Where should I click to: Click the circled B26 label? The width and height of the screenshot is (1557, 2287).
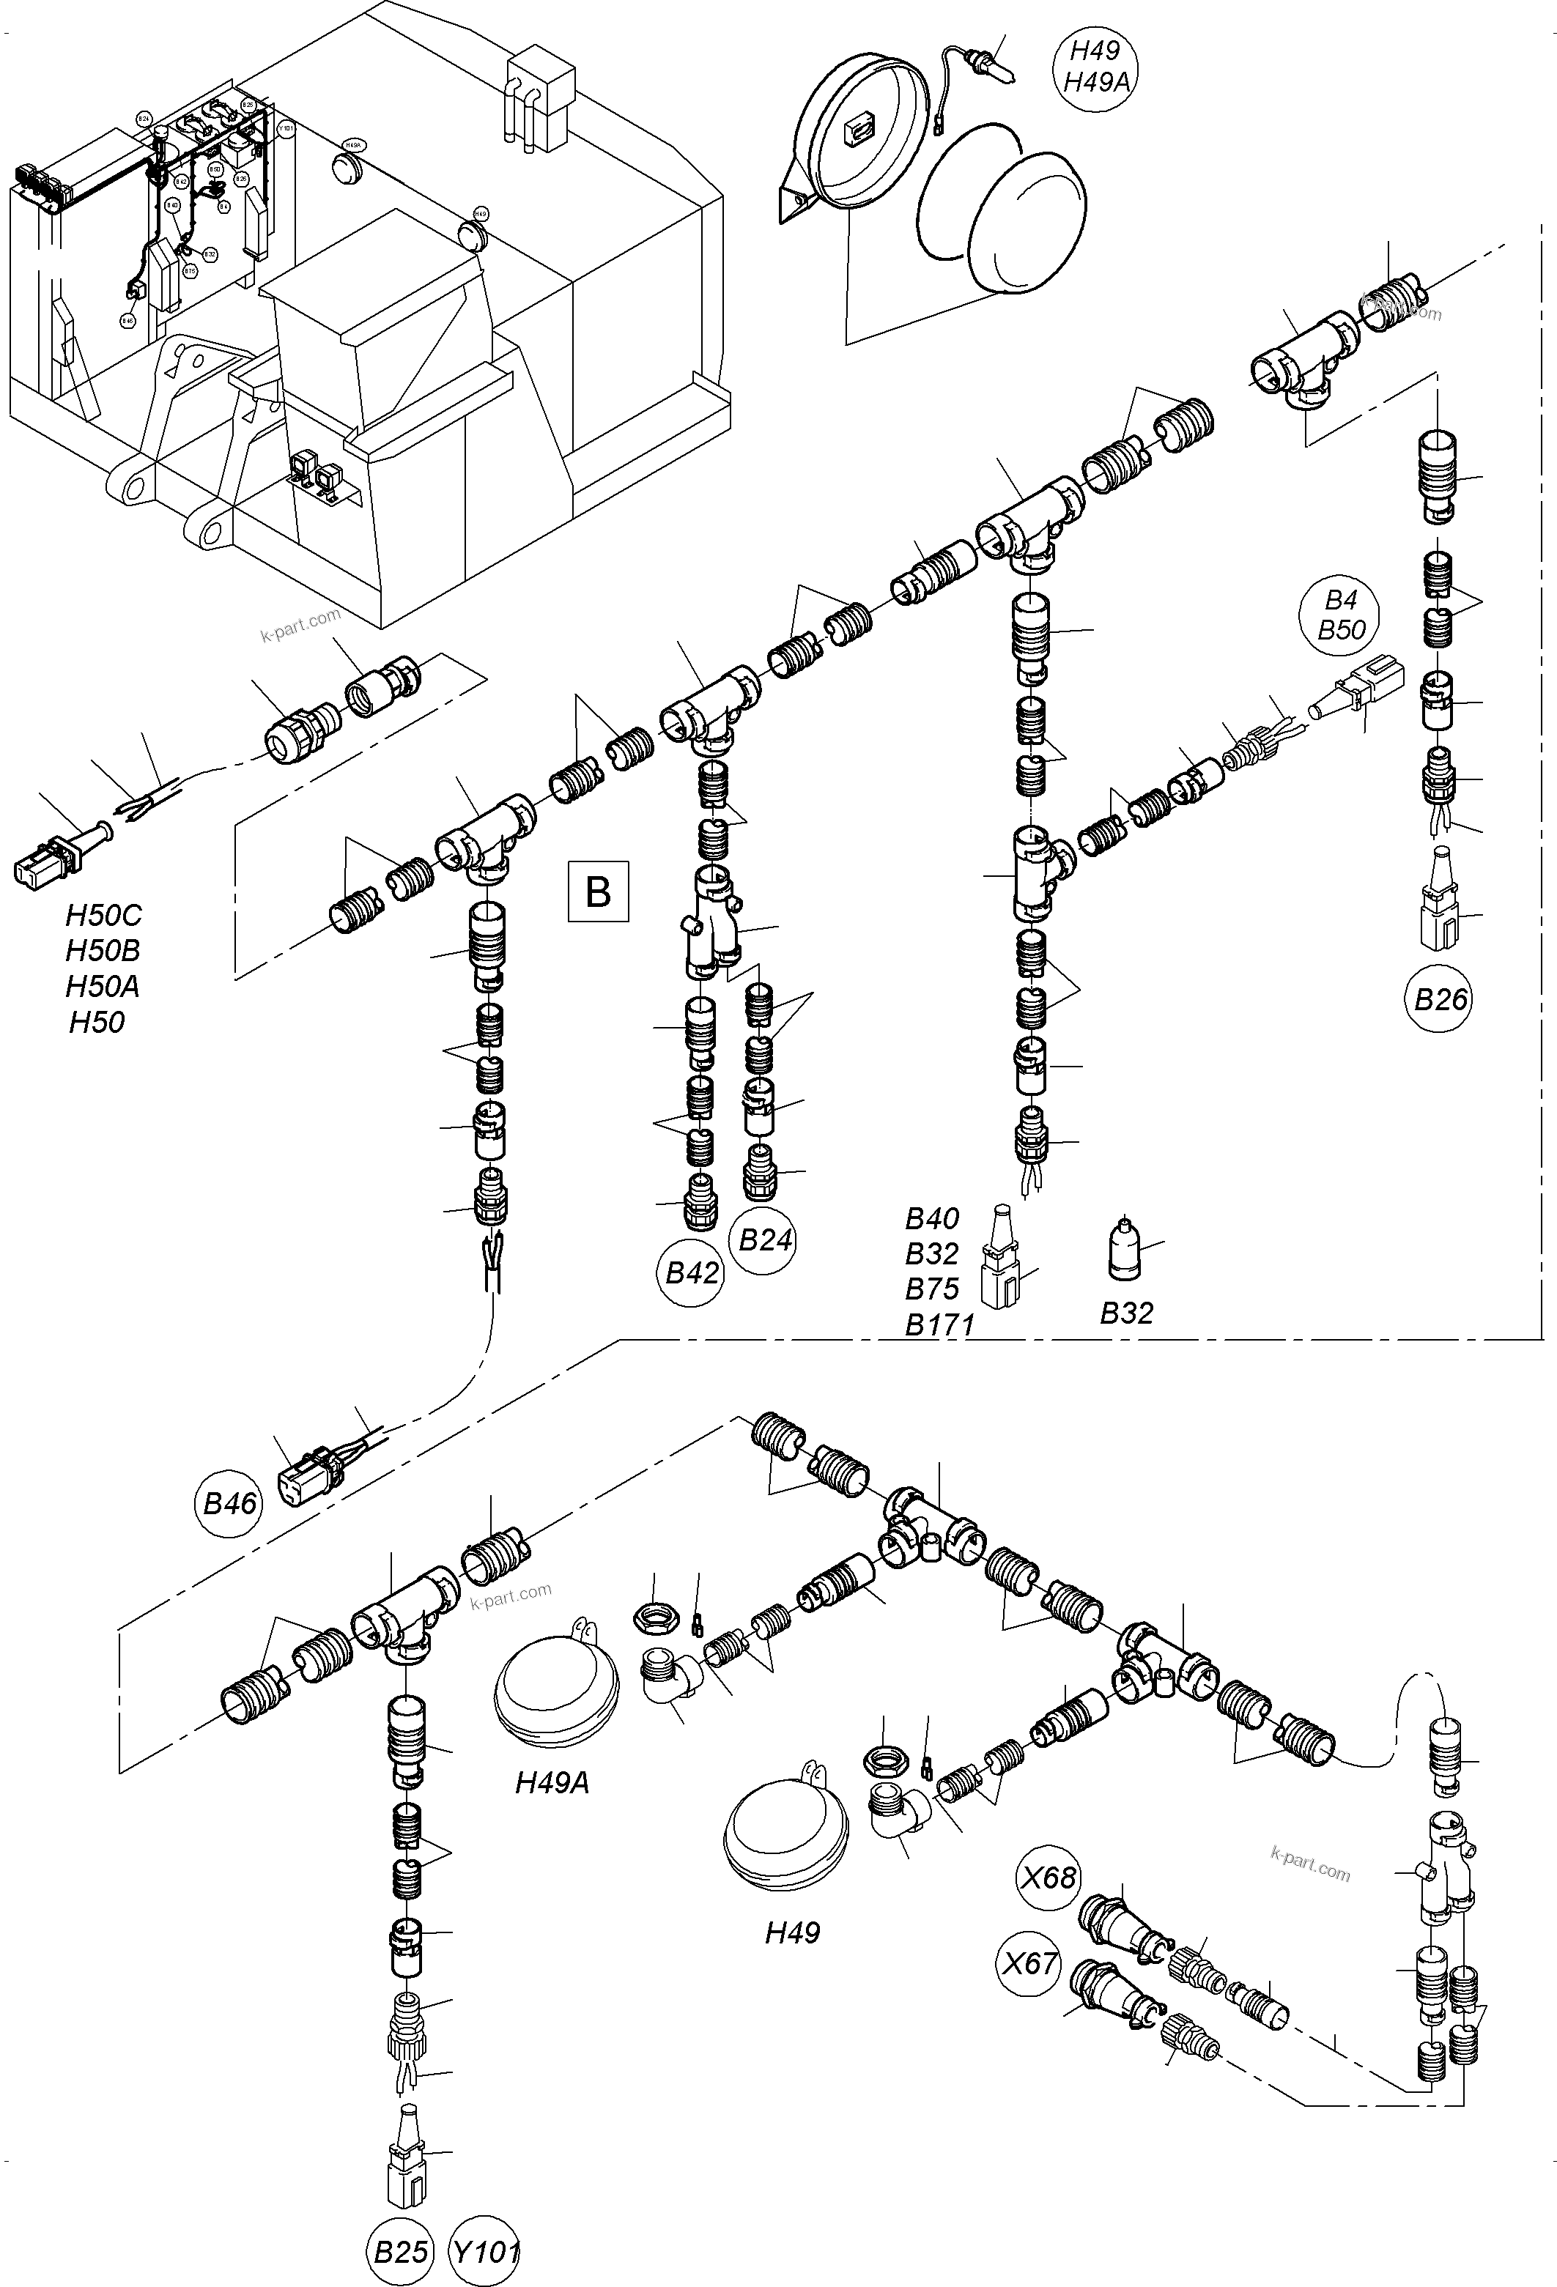click(x=1440, y=1000)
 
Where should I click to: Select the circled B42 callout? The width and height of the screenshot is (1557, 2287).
click(x=692, y=1273)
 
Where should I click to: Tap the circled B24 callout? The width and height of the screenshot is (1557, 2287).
click(x=766, y=1240)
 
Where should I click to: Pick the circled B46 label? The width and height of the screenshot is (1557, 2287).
click(x=229, y=1504)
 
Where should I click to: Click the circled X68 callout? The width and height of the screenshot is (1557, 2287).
click(x=1049, y=1878)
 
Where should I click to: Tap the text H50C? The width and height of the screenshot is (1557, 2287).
click(x=103, y=915)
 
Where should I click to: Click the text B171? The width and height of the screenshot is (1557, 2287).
click(x=939, y=1324)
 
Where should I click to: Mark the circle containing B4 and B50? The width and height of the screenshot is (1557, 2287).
click(x=1340, y=615)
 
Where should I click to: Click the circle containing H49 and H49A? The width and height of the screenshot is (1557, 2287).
click(x=1095, y=66)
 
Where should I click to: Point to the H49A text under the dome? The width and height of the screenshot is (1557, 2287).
click(x=552, y=1783)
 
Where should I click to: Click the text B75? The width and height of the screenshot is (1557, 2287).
click(x=932, y=1289)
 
